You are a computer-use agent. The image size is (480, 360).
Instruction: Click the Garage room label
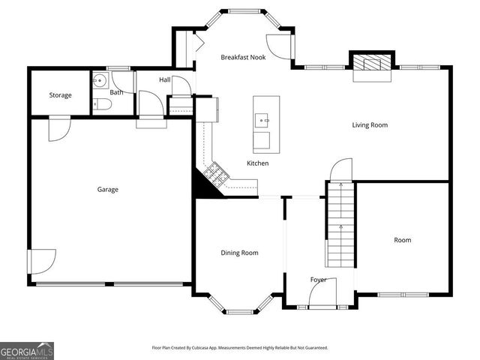point(107,190)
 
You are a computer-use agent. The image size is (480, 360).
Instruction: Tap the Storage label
point(61,95)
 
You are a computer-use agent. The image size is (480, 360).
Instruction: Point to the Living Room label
point(370,124)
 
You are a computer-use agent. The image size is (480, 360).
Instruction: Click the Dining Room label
point(239,253)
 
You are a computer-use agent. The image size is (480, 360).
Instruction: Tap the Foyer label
point(319,280)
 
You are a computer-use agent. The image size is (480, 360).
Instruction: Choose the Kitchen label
point(257,163)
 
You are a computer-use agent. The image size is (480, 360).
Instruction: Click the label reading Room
point(403,240)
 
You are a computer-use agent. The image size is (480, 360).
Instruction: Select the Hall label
point(165,79)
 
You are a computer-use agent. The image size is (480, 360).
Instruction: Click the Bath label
point(116,92)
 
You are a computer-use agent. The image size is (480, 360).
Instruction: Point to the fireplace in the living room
point(372,64)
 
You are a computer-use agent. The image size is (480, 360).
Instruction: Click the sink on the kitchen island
point(262,118)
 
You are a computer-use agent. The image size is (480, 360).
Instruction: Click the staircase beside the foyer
point(340,225)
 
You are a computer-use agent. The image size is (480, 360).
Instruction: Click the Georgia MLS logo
point(27,350)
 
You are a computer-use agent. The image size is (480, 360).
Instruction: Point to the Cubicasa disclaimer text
point(240,348)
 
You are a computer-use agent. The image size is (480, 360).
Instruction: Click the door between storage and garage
point(58,130)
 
